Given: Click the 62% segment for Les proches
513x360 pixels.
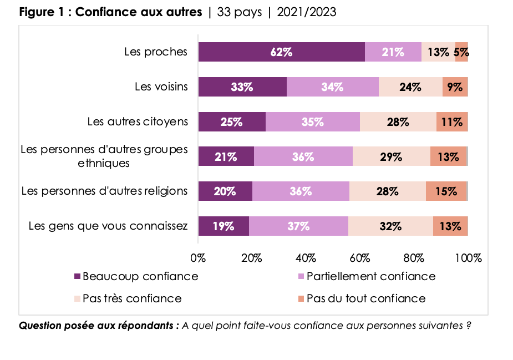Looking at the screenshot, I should tap(281, 52).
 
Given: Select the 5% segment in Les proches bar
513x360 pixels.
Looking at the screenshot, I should tap(461, 52).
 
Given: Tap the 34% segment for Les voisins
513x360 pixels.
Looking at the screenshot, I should tap(333, 87).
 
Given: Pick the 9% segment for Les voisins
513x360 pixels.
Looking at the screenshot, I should tap(455, 87).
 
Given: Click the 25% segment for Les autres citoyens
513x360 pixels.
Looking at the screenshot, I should tap(232, 122).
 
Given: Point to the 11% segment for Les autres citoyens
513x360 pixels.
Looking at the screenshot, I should tap(452, 122).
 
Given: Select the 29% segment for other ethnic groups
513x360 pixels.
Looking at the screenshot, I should tap(391, 156).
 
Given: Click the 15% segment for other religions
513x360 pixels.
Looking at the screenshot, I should tap(446, 191).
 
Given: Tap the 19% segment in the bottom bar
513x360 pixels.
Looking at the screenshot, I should tap(224, 226).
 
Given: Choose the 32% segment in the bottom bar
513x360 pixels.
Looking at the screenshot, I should tap(390, 226).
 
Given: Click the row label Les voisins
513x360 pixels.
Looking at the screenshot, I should tap(161, 87).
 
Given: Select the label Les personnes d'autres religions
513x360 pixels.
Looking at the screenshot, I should tap(104, 191).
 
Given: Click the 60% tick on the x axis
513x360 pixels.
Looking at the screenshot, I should tap(360, 258).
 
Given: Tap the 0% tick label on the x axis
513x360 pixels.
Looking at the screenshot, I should tap(198, 258).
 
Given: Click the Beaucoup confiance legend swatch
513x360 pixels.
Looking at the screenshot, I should tap(77, 276).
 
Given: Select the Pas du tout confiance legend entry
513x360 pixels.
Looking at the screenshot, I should tap(366, 298).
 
